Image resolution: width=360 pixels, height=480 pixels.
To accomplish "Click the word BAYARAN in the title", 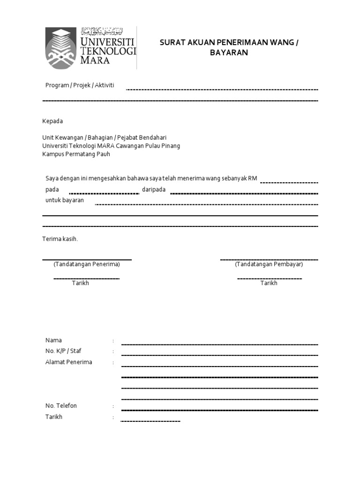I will [229, 53].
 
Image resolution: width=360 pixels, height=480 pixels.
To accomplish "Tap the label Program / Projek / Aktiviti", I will [80, 85].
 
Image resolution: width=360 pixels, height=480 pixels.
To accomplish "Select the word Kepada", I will [52, 121].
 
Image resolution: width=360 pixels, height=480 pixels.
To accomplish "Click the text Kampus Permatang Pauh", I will [76, 154].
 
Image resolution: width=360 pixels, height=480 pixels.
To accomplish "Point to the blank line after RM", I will [289, 182].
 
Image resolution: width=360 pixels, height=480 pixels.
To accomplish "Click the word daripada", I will [153, 189].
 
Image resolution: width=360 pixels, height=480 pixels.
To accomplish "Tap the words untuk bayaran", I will [65, 200].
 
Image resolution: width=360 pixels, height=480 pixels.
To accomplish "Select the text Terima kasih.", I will [60, 239].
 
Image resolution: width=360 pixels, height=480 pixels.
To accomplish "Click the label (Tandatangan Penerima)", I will [87, 264].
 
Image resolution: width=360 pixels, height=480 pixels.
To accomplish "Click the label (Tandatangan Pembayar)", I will [269, 264].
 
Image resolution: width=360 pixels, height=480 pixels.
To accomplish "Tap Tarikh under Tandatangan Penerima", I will [80, 283].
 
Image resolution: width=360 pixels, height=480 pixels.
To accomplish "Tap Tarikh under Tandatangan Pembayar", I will [269, 283].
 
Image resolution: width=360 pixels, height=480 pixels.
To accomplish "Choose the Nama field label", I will [53, 340].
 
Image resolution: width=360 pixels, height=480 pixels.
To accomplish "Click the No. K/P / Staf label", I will [60, 351].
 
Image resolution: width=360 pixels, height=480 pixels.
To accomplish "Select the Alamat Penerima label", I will [68, 362].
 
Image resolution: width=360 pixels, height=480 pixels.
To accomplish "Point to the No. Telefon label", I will [61, 406].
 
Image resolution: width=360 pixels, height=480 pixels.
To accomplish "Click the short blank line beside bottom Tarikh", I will [150, 421].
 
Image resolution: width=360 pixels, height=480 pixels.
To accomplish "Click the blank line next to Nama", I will [219, 344].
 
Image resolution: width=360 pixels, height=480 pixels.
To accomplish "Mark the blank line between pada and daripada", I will [104, 193].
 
